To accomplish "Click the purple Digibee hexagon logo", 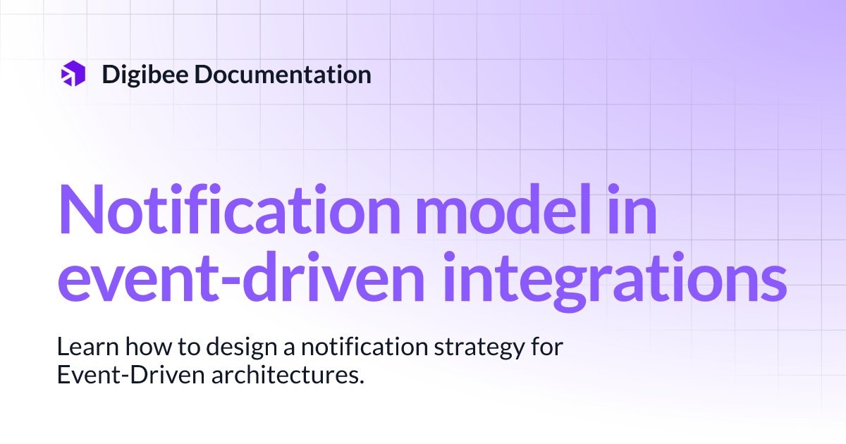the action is [73, 73].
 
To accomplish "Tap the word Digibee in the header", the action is [145, 75].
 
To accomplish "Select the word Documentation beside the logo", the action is [283, 75].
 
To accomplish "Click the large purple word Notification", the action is [228, 209].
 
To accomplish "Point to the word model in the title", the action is [504, 209].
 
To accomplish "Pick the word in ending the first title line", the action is [632, 209].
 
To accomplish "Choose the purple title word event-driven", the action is [241, 276].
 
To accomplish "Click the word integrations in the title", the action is [615, 281].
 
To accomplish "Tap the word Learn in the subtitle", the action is [88, 346].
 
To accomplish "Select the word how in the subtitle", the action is [149, 346].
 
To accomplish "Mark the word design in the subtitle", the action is [242, 348].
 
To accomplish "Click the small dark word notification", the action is [364, 346].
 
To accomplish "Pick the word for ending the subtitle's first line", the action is [547, 346].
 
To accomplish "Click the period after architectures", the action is [361, 381].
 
